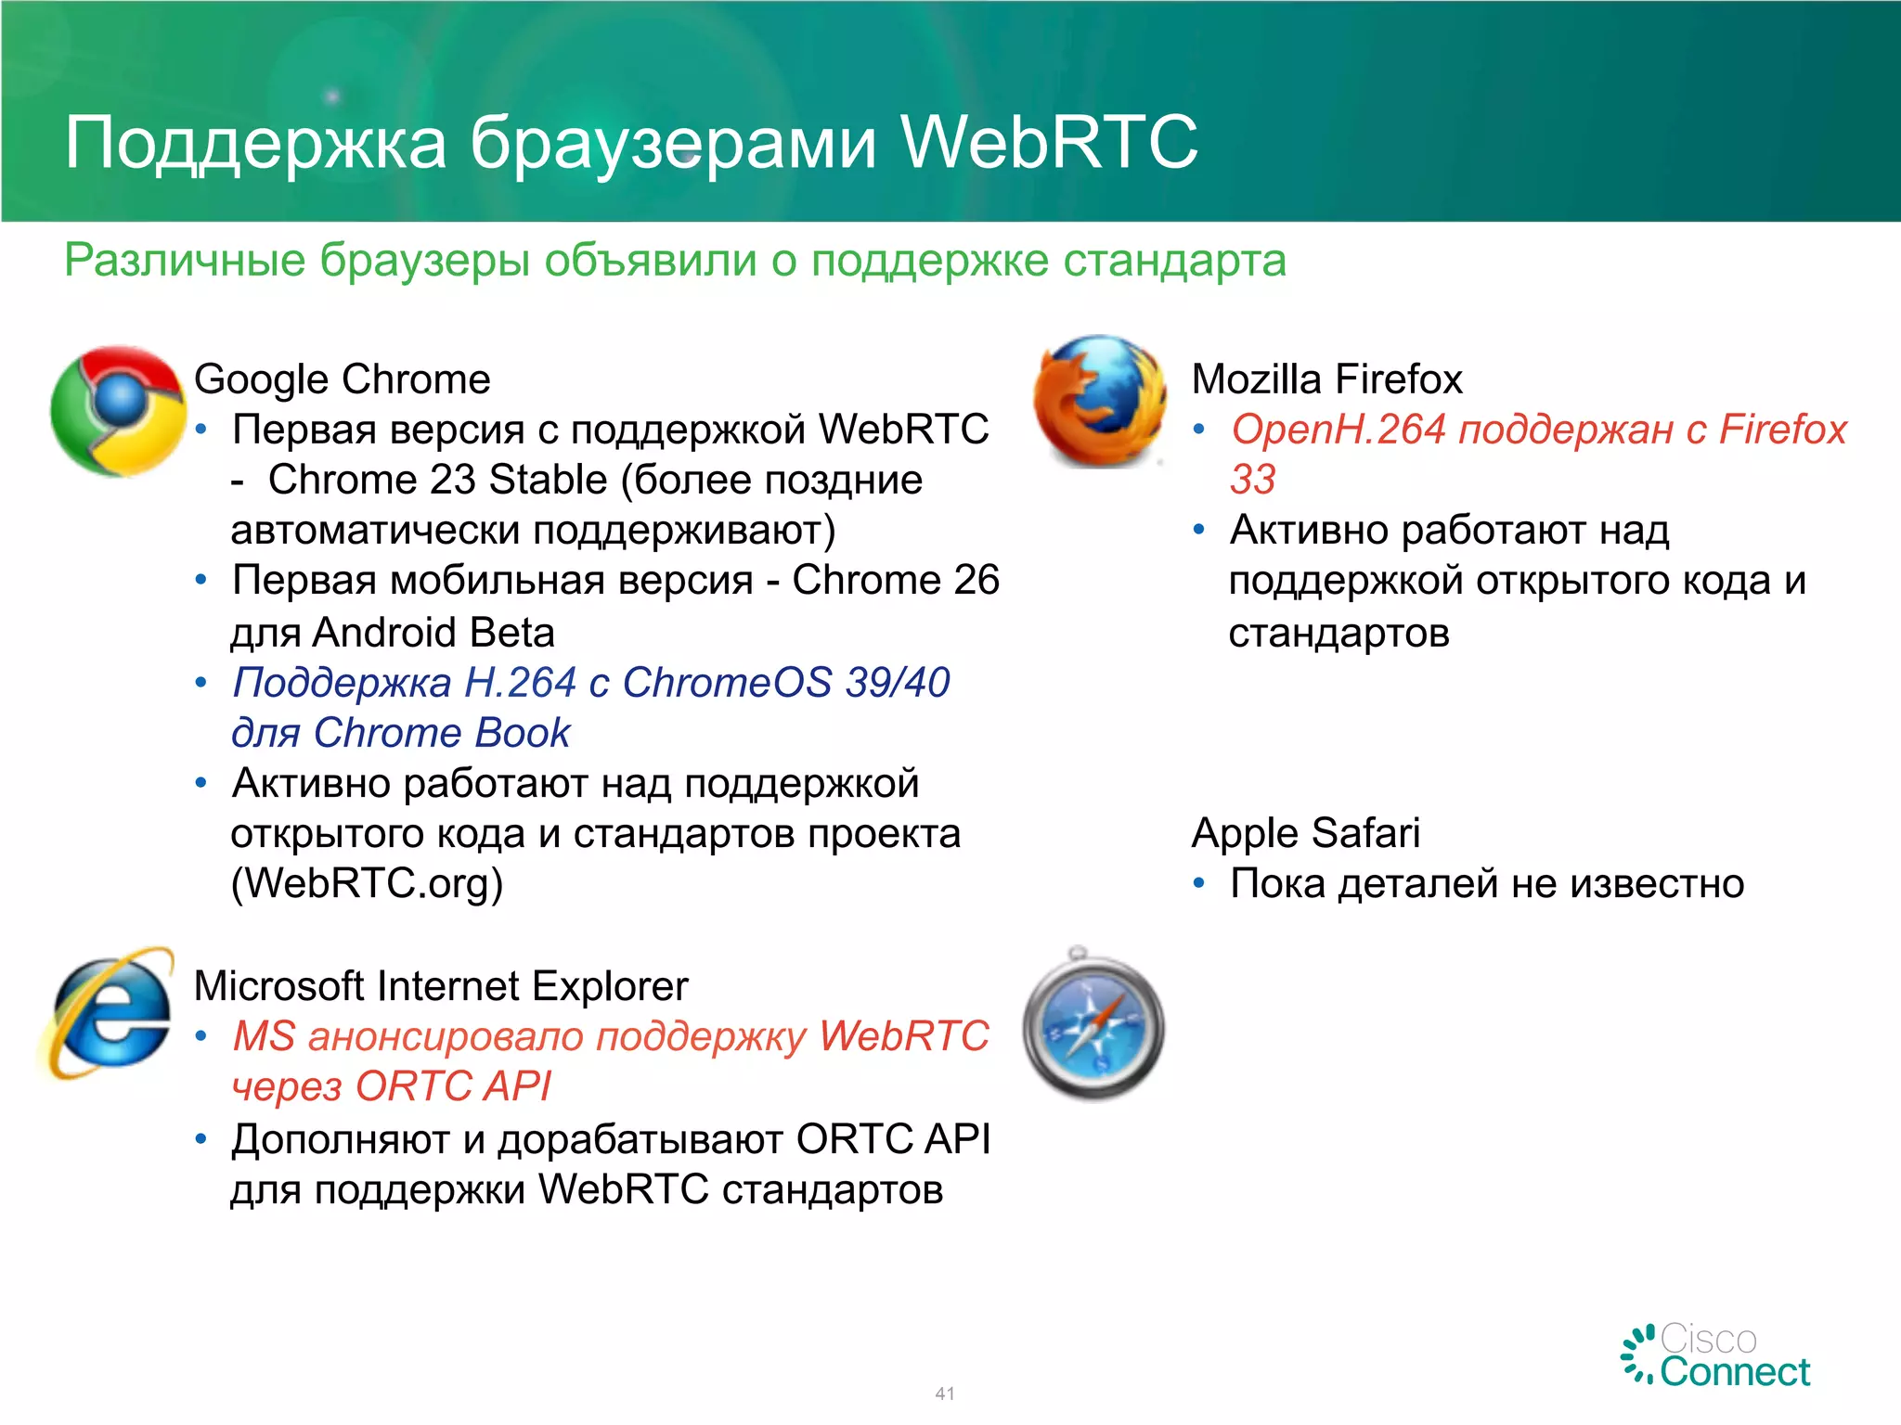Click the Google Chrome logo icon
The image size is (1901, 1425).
click(x=118, y=411)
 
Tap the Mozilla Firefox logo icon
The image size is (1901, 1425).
click(x=1100, y=401)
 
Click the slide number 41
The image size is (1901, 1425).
click(x=945, y=1393)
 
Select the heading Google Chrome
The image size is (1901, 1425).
click(x=342, y=379)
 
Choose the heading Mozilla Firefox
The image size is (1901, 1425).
click(x=1326, y=379)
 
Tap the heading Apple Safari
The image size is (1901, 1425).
click(x=1305, y=832)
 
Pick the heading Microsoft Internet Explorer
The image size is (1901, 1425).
click(x=441, y=985)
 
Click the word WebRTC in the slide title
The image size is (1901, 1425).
click(x=1049, y=143)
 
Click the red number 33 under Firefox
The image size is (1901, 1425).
click(x=1252, y=480)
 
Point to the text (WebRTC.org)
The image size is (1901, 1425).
click(x=367, y=883)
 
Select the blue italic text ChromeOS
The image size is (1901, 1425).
click(x=727, y=683)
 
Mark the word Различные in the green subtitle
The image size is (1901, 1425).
click(x=184, y=260)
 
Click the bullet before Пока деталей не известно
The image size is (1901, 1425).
click(x=1198, y=883)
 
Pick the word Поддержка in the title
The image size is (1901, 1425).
click(x=255, y=145)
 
